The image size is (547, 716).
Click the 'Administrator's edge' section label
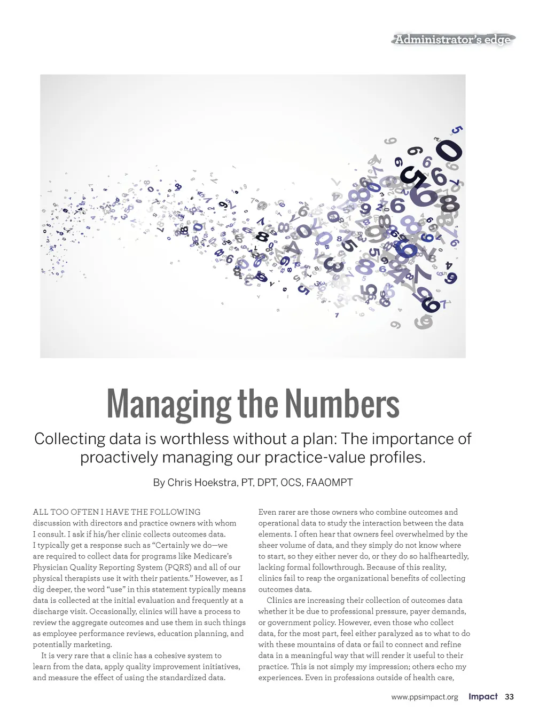pos(452,40)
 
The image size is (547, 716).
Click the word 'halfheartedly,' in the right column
pos(444,556)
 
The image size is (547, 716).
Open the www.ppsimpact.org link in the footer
pos(425,697)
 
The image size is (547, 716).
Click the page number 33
pos(509,697)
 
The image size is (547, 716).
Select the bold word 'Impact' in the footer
pos(483,697)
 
